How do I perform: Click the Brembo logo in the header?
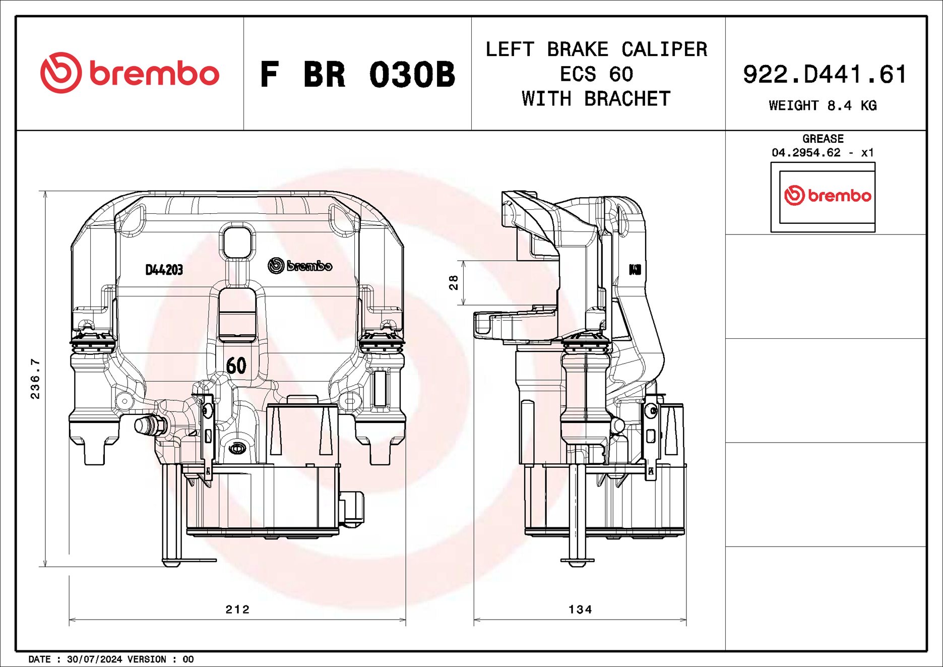click(x=130, y=73)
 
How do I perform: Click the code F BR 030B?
click(x=357, y=75)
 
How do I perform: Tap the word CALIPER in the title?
click(x=664, y=49)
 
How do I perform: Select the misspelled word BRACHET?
click(x=627, y=99)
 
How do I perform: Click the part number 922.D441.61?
click(x=825, y=74)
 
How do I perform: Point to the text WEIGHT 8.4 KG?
click(x=823, y=105)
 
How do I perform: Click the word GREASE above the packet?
click(x=823, y=139)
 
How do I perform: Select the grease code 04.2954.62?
click(x=806, y=152)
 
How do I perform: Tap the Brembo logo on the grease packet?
click(x=827, y=196)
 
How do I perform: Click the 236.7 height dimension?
click(x=35, y=379)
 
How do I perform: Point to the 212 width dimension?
click(x=237, y=610)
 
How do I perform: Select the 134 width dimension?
click(x=580, y=610)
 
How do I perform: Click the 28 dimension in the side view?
click(x=454, y=282)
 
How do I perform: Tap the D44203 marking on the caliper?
click(x=164, y=270)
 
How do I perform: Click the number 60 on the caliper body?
click(x=236, y=366)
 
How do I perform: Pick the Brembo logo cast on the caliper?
click(x=300, y=266)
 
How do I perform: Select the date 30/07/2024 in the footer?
click(x=94, y=659)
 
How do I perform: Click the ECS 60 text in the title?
click(x=596, y=75)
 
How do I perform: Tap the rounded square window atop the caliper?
click(x=237, y=242)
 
